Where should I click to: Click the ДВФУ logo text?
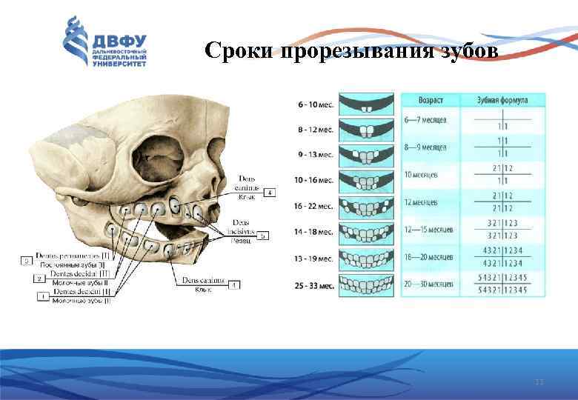119,41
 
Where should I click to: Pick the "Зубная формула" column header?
502,99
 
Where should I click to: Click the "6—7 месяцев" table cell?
425,120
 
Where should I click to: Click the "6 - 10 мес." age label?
316,105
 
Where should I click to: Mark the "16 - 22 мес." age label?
316,207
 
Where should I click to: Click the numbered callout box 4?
270,193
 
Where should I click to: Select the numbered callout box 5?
263,236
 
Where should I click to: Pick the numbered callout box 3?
26,260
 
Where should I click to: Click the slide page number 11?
539,381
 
